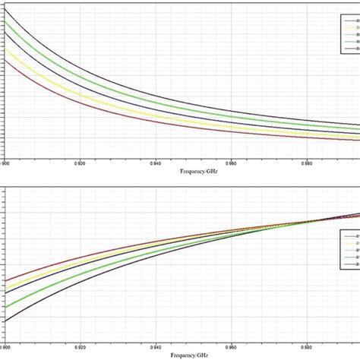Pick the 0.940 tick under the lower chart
(156, 347)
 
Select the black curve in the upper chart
(76, 61)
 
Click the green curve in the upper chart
(76, 72)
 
